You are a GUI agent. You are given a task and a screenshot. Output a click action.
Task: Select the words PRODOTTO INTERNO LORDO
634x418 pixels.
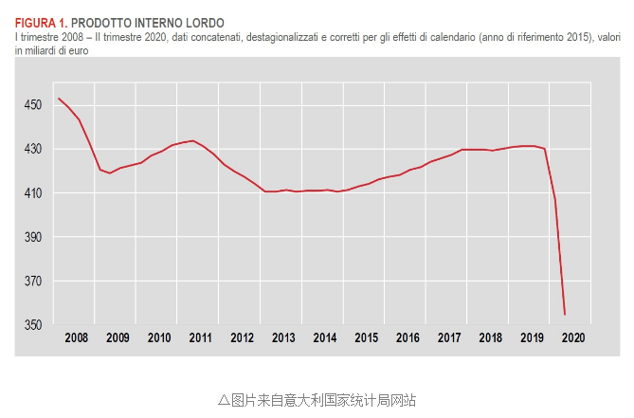click(x=148, y=22)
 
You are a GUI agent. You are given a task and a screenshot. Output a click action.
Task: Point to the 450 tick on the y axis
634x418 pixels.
click(x=33, y=105)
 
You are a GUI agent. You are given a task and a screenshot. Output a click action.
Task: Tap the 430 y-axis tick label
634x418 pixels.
click(x=33, y=150)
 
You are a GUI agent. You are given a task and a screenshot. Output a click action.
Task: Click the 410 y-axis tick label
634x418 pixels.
click(x=33, y=193)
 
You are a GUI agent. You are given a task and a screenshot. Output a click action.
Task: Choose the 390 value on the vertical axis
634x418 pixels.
click(x=33, y=237)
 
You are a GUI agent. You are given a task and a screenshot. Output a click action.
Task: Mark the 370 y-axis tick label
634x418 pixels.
click(x=33, y=282)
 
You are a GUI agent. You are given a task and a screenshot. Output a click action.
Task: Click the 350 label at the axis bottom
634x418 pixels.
click(x=33, y=325)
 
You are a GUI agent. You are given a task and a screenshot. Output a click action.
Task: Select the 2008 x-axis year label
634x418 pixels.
click(x=76, y=338)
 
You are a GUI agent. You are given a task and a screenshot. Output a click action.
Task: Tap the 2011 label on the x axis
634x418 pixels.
click(x=200, y=338)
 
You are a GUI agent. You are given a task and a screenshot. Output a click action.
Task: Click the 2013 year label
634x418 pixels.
click(x=283, y=338)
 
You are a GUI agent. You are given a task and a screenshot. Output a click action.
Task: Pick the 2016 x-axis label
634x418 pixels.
click(x=408, y=338)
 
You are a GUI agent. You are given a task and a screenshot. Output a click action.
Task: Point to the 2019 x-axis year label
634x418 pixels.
click(x=532, y=338)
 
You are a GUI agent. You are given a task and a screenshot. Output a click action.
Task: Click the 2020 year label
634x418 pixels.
click(x=573, y=338)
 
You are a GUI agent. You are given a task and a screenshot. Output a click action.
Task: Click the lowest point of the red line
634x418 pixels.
click(x=565, y=315)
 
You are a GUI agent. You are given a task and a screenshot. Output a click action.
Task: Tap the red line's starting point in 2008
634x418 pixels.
click(x=59, y=99)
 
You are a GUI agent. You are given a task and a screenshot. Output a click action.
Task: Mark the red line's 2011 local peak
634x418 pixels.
click(x=193, y=140)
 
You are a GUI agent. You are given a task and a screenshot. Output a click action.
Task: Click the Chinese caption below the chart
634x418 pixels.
click(x=317, y=399)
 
